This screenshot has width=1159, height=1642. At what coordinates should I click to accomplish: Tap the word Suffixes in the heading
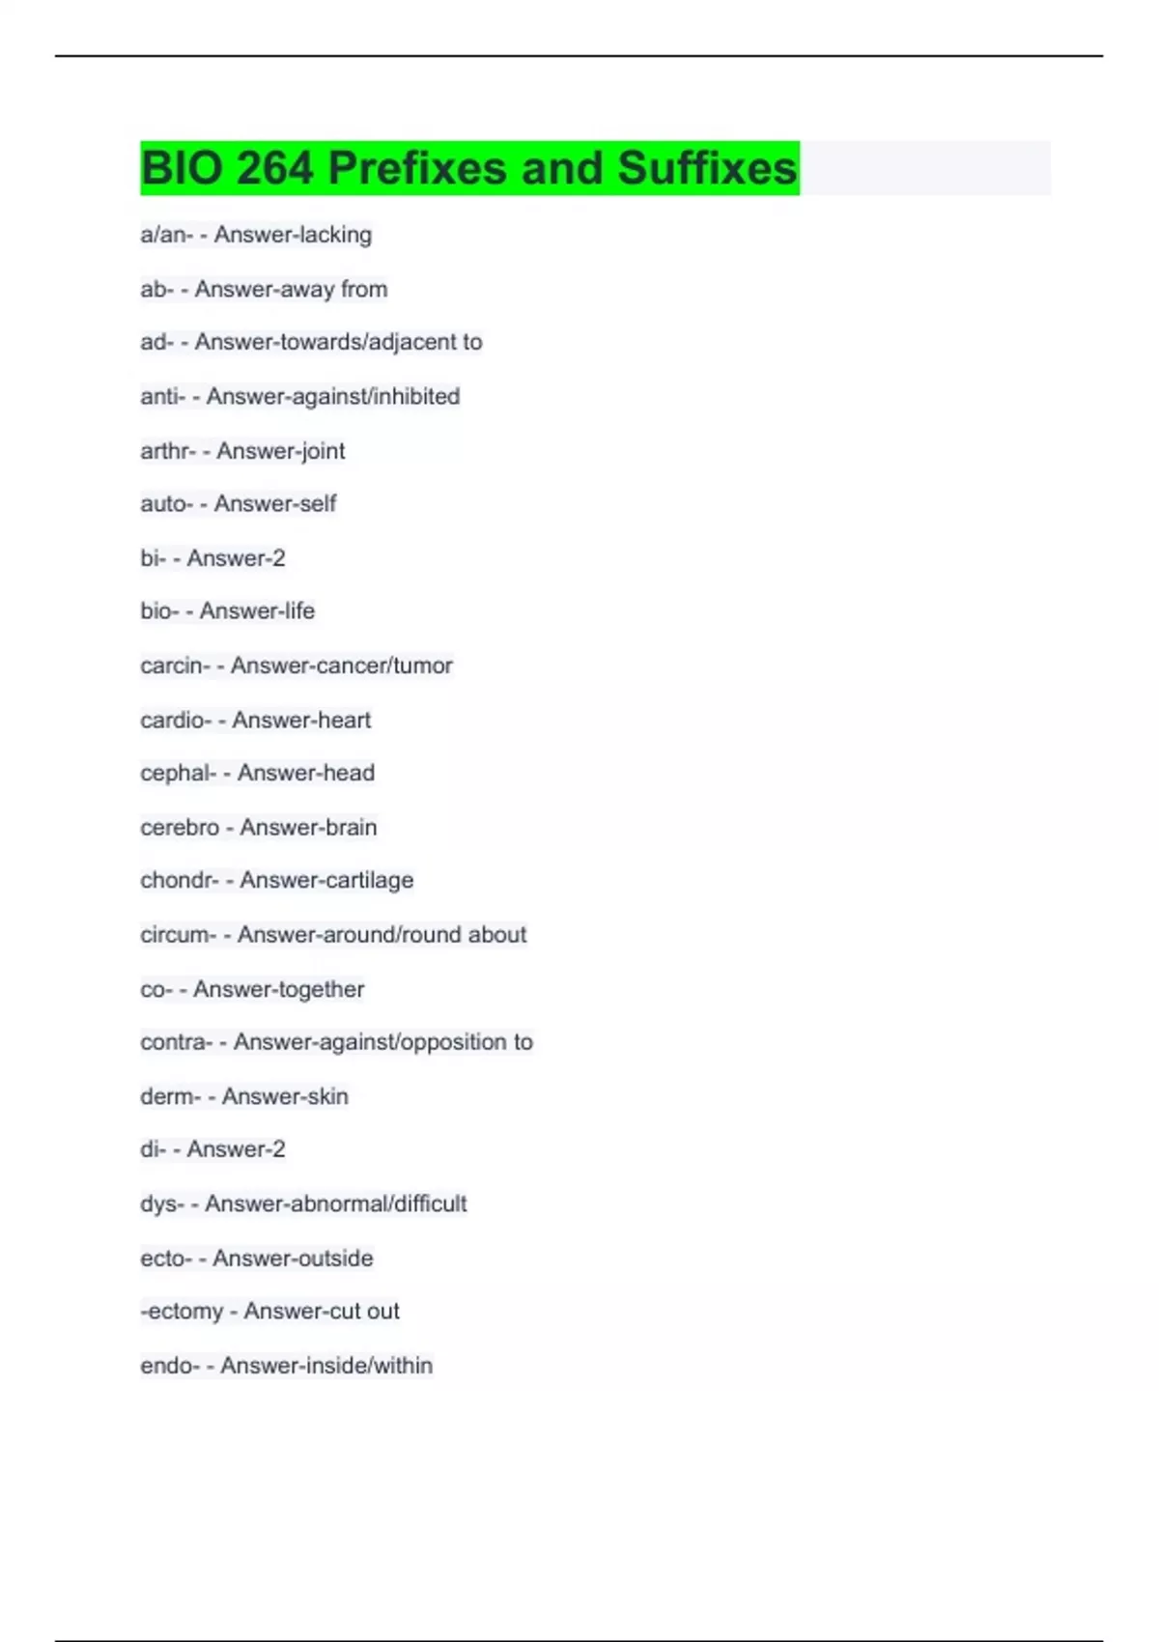click(707, 168)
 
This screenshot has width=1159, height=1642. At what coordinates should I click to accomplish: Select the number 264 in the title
click(274, 168)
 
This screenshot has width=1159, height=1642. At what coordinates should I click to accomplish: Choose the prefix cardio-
click(175, 720)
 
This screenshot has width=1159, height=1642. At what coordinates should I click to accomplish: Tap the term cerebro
click(180, 828)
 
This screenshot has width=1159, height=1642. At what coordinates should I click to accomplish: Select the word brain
click(350, 828)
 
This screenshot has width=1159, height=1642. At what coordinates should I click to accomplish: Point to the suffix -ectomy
click(182, 1312)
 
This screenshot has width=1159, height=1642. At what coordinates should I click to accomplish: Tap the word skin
click(326, 1096)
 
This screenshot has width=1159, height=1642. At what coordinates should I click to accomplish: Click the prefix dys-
click(161, 1203)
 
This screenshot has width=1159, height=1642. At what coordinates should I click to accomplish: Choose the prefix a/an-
click(166, 235)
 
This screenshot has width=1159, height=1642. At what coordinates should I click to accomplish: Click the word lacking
click(332, 235)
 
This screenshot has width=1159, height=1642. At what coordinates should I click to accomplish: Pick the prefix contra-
click(176, 1042)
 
